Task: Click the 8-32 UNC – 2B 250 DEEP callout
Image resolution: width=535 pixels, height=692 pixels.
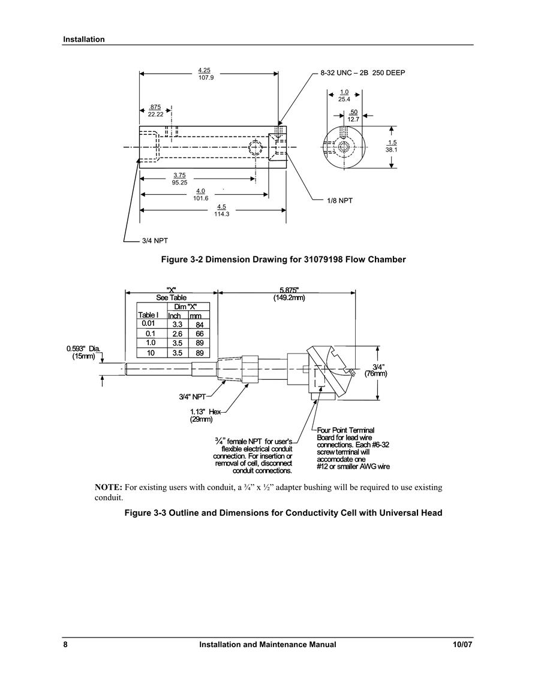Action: coord(363,73)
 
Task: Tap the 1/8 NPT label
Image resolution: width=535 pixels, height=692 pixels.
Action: coord(339,200)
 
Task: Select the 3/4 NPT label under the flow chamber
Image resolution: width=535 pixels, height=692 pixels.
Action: coord(155,241)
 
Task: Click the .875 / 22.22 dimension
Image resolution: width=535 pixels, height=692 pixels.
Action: coord(155,111)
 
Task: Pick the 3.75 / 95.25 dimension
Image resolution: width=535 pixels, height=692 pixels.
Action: coord(179,179)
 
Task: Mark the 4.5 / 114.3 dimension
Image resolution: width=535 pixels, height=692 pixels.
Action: coord(222,210)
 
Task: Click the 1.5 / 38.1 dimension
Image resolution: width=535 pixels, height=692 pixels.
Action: coord(392,146)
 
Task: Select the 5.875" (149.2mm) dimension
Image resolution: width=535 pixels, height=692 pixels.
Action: coord(289,294)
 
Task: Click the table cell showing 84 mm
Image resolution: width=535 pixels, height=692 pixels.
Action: coord(199,325)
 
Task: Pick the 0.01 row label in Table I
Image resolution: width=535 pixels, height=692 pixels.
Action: coord(148,324)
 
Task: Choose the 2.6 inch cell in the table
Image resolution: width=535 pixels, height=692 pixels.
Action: coord(177,334)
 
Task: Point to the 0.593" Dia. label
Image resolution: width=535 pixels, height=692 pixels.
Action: coord(83,352)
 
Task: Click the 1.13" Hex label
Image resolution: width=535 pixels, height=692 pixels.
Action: coord(206,415)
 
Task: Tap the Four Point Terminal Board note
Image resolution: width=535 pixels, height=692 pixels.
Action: coord(353,448)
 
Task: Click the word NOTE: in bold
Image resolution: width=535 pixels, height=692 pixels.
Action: coord(108,487)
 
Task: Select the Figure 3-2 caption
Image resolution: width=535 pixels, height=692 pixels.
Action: coord(283,259)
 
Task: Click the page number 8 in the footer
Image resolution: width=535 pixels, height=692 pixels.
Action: coord(65,644)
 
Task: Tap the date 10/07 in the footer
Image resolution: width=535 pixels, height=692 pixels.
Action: coord(462,644)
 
